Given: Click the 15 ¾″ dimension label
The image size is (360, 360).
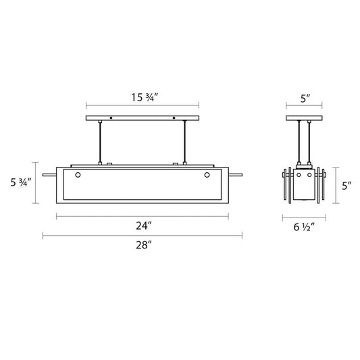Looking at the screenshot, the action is click(145, 97).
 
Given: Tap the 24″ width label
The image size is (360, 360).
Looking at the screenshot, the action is click(144, 226).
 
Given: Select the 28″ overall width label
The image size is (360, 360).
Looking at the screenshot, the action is click(144, 245).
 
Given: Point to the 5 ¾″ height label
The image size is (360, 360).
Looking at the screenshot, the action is click(21, 182).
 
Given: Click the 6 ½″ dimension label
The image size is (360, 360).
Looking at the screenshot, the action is click(304, 227).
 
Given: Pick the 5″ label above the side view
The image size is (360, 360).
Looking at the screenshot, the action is click(305, 99).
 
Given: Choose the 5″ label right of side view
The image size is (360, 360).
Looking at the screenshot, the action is click(346, 186).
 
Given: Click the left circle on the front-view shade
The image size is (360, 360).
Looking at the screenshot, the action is click(78, 175).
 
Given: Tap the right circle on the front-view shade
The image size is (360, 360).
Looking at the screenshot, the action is click(207, 175).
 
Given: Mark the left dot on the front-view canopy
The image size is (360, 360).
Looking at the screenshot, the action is click(111, 118).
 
